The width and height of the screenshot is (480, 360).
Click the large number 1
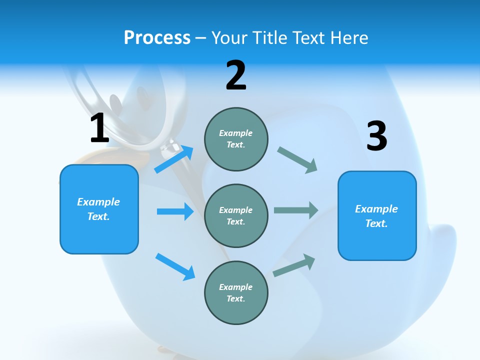[x=99, y=128]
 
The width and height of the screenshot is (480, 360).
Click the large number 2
[x=236, y=75]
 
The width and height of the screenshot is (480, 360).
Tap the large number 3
[x=376, y=136]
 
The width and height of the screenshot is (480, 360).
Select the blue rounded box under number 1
[x=99, y=209]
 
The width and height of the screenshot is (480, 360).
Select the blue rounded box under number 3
[x=377, y=216]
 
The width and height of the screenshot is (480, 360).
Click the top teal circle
[x=236, y=139]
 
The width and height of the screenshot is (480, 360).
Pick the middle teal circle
[x=236, y=216]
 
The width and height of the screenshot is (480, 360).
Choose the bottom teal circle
[x=236, y=293]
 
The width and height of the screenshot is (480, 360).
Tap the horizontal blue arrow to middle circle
[x=175, y=211]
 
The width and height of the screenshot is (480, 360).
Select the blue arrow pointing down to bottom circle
[x=175, y=266]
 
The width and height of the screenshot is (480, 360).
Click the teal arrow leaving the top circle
[x=297, y=160]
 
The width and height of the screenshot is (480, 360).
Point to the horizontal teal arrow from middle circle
[x=296, y=210]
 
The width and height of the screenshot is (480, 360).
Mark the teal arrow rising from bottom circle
[x=294, y=265]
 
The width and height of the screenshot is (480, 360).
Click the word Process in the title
[x=157, y=37]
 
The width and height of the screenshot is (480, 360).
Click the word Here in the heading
[x=349, y=37]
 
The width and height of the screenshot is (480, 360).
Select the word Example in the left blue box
[x=98, y=202]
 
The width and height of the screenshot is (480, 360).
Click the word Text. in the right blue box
[x=376, y=223]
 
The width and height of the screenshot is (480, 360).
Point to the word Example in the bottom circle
[x=235, y=287]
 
